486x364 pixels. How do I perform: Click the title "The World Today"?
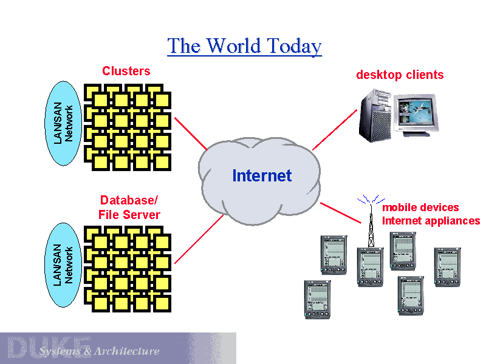244,46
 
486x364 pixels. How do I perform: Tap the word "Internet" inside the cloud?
262,176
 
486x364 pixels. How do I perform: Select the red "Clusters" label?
126,71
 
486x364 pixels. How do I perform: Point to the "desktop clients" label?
400,75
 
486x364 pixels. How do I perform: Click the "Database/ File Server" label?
129,207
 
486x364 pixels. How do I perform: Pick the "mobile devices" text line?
420,207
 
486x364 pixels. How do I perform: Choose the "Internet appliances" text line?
431,221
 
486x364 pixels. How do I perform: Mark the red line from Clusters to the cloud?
190,133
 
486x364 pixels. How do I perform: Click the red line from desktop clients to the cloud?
334,129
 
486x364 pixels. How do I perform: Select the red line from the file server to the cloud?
199,239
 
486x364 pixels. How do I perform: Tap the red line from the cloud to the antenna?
341,212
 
